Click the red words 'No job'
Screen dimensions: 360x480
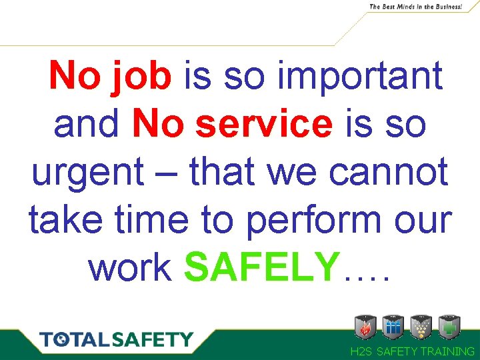(111, 77)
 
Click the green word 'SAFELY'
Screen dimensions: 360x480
(262, 268)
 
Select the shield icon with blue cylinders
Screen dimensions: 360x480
(393, 327)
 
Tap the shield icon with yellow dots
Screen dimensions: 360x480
(421, 327)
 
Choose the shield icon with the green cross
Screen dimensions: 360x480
(450, 327)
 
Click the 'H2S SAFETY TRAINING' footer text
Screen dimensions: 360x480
(413, 351)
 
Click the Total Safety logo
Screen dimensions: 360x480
(116, 340)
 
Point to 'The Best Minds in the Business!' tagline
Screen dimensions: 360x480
(415, 7)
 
